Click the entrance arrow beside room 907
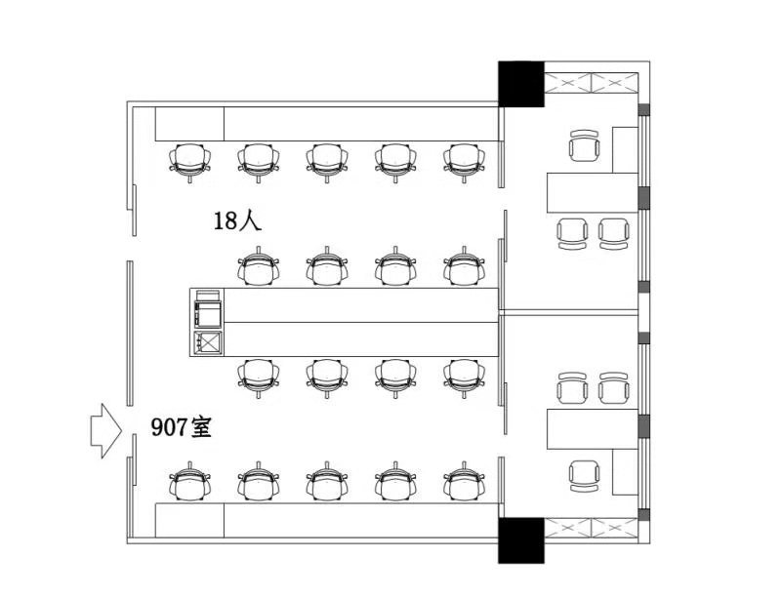click(105, 431)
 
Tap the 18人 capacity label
click(237, 220)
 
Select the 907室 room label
click(182, 427)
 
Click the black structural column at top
click(521, 84)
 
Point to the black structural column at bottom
click(521, 540)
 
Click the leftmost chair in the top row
click(189, 162)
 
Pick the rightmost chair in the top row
click(465, 162)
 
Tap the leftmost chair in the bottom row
click(189, 482)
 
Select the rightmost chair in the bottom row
click(465, 482)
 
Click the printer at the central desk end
click(208, 308)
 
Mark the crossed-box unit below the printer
click(208, 341)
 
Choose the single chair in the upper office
click(584, 145)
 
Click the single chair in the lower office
click(584, 476)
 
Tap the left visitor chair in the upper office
click(572, 233)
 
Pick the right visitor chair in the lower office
click(614, 387)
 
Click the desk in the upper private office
click(593, 192)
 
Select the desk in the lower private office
click(593, 429)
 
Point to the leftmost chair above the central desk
click(258, 266)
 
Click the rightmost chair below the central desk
click(465, 378)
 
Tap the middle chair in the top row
click(327, 162)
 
